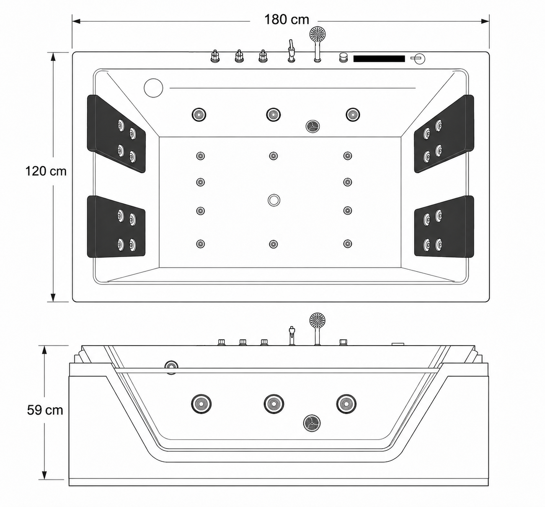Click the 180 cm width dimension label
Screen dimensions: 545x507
click(x=287, y=20)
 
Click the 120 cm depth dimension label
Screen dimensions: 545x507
click(x=46, y=171)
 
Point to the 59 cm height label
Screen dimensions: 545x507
click(x=45, y=410)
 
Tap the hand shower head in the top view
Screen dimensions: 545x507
click(x=318, y=34)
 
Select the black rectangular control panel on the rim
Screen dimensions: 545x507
click(x=379, y=59)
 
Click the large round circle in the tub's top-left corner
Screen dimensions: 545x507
click(x=153, y=88)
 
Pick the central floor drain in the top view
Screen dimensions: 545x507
click(x=274, y=200)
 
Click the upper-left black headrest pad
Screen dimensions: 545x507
click(x=116, y=134)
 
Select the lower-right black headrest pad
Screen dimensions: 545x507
click(x=444, y=226)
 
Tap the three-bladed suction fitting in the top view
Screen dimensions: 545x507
click(x=313, y=126)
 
